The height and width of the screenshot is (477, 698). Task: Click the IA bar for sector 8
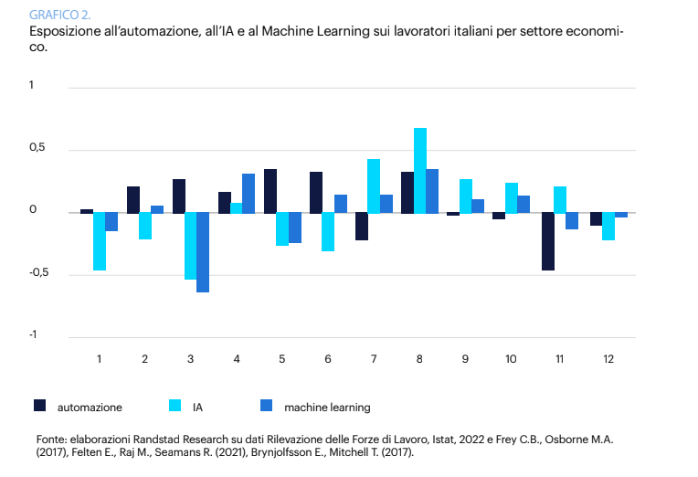[419, 170]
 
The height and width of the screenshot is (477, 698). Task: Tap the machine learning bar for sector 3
[203, 252]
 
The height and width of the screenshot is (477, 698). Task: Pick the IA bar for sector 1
[99, 241]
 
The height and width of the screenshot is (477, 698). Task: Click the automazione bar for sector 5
[270, 191]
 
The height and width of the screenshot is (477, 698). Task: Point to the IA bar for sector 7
[374, 185]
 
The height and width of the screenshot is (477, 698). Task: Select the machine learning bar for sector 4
[249, 193]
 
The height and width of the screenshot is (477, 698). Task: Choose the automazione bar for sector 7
[362, 227]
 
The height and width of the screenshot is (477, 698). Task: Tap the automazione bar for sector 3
[179, 196]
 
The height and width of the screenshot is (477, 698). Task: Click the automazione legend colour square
[39, 405]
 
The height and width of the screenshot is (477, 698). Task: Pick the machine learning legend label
[327, 406]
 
